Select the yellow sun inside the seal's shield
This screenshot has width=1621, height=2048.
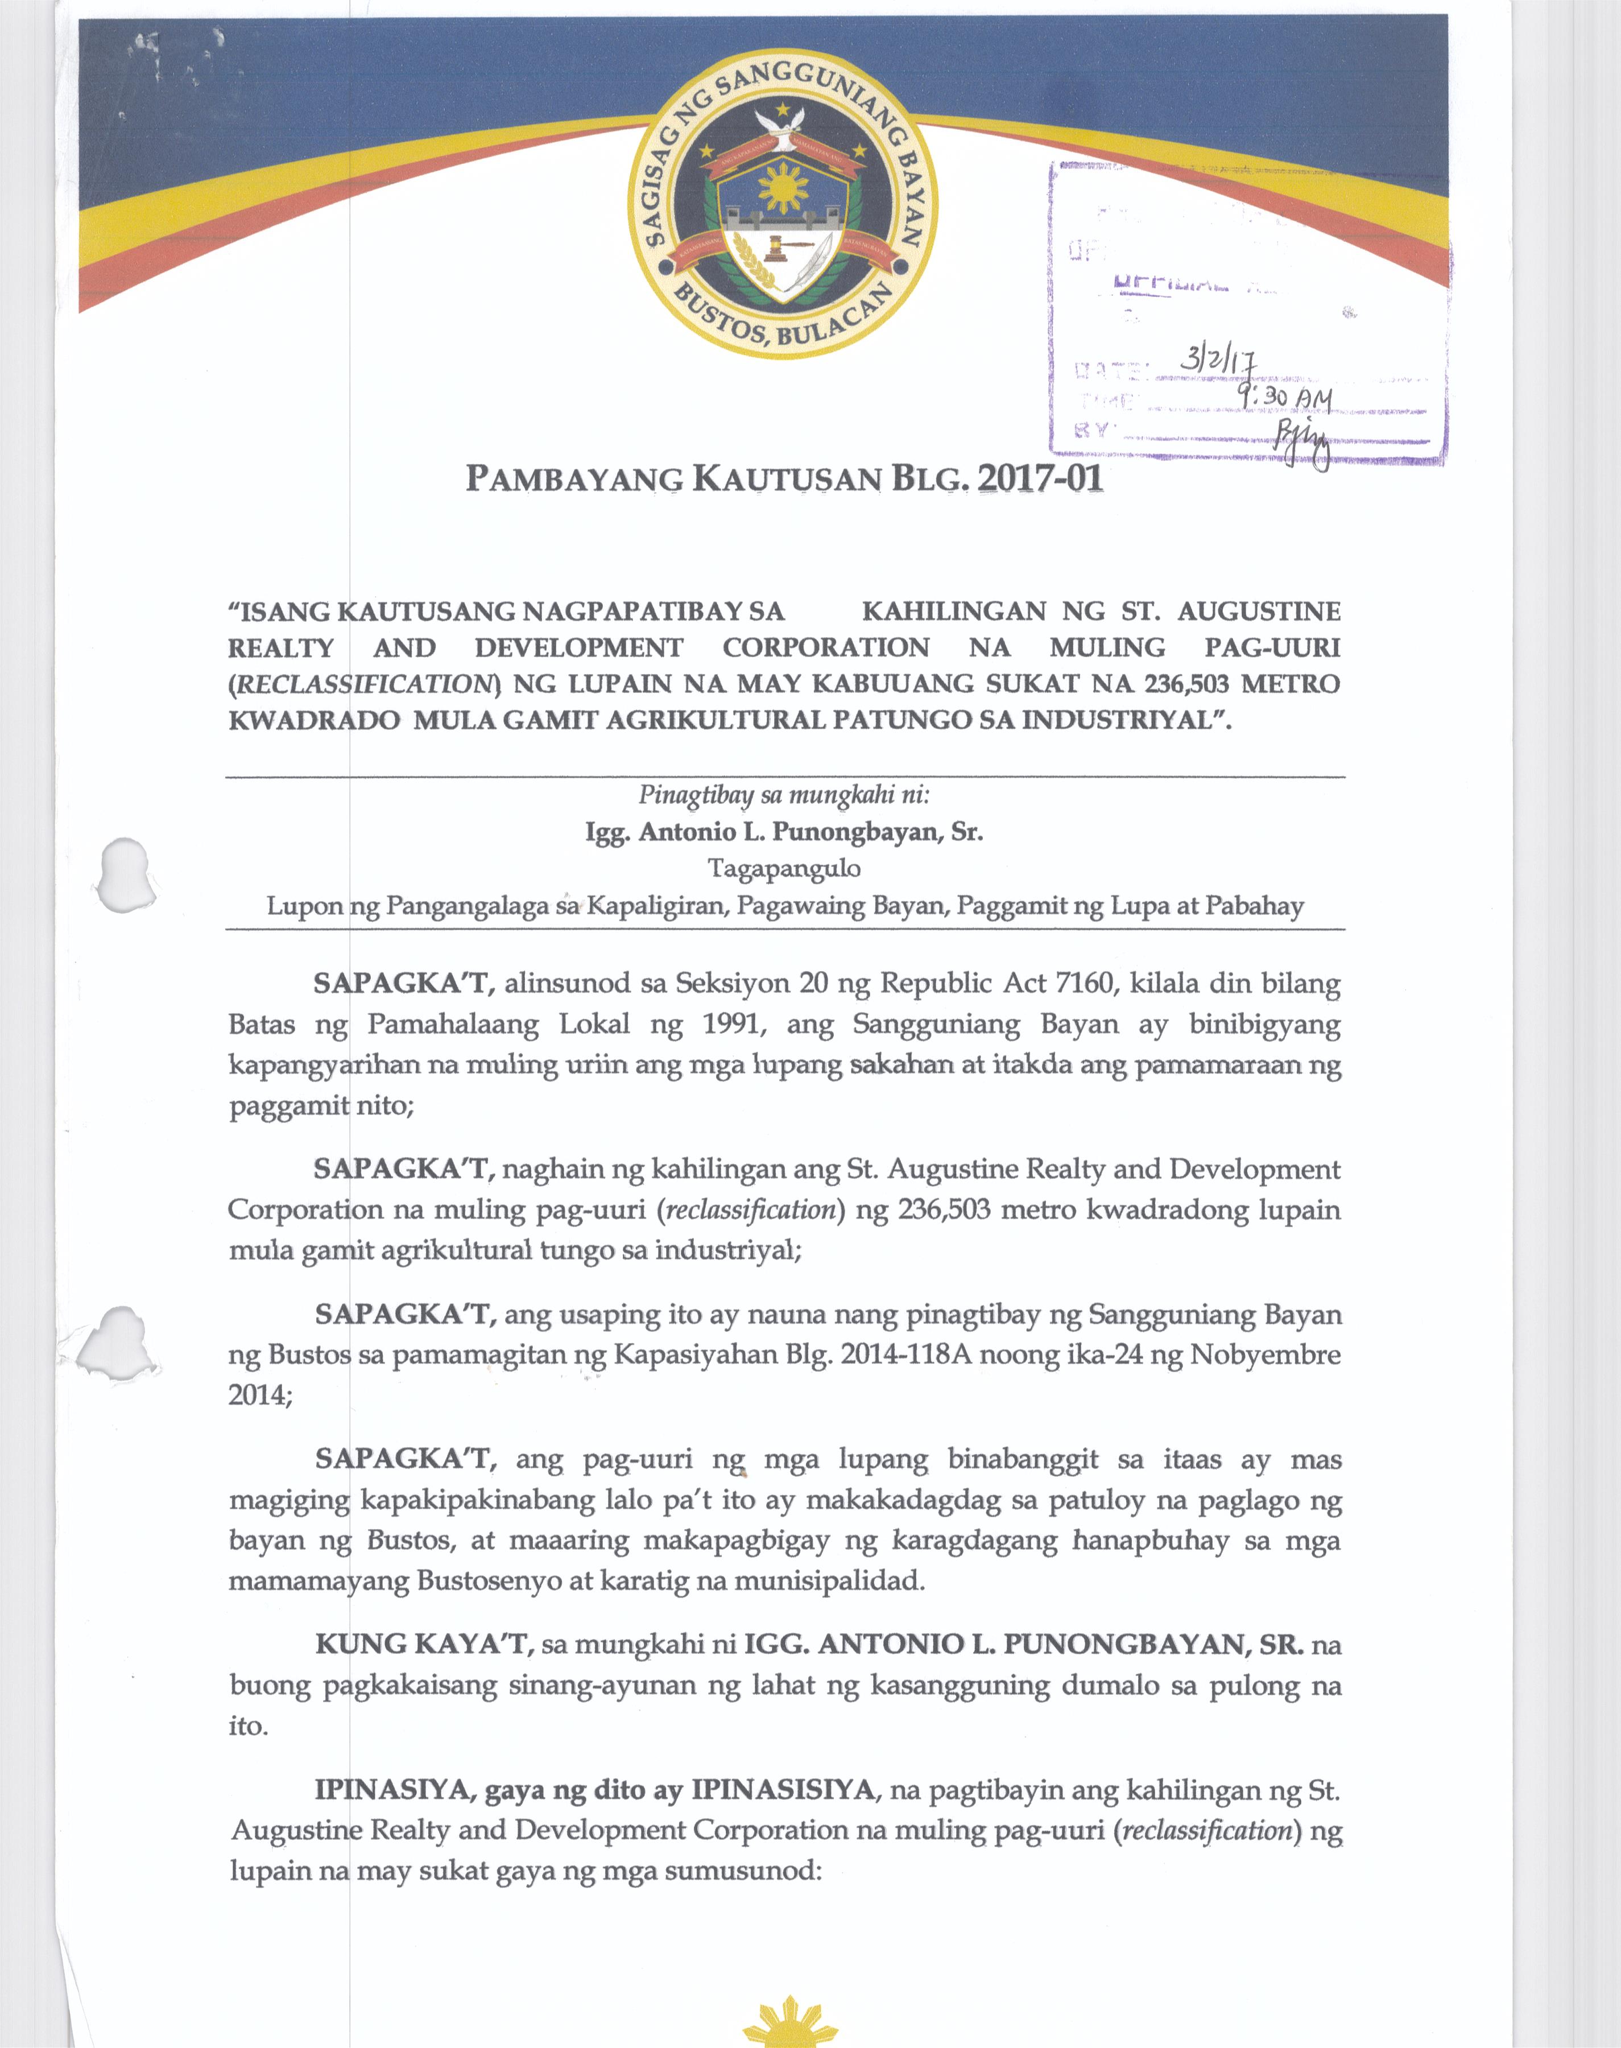(783, 187)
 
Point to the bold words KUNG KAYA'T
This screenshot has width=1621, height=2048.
(421, 1644)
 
